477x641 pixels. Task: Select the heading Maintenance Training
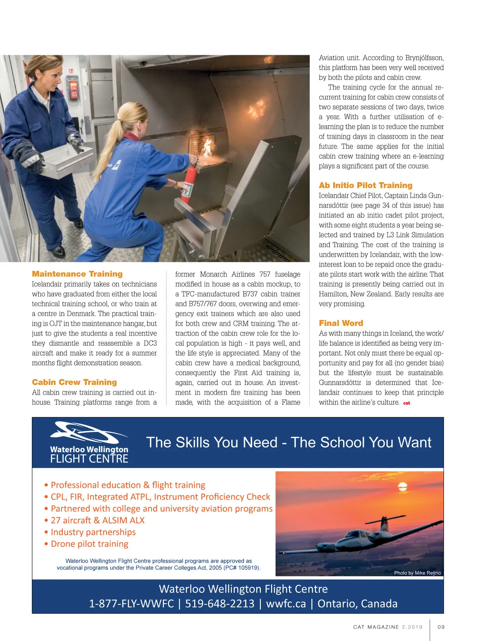(77, 274)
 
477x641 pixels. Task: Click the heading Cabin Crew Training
(74, 382)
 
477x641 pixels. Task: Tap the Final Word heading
(341, 323)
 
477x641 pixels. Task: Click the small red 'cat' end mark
(406, 403)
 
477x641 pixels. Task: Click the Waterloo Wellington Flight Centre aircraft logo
(88, 432)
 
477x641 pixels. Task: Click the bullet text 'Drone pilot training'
(89, 544)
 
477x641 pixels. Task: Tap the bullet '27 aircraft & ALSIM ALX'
(97, 520)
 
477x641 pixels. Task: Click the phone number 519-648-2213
(219, 603)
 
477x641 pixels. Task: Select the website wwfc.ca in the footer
(286, 603)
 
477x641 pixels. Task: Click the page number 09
(441, 627)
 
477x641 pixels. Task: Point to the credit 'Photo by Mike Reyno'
(417, 573)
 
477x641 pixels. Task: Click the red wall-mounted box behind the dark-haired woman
(73, 89)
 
